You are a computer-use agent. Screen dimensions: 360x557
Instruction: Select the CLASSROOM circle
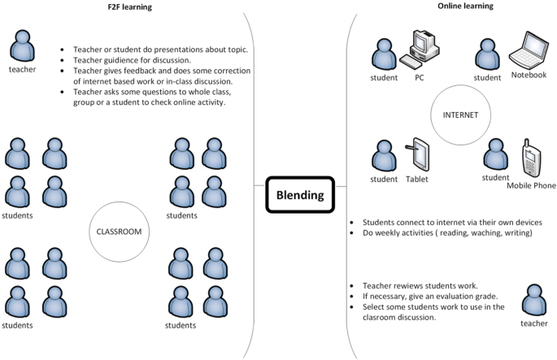120,232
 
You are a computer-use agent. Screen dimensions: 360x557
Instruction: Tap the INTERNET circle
460,115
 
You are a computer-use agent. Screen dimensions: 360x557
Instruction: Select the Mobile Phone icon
531,159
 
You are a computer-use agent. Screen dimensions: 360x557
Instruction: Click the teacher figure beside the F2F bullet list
22,46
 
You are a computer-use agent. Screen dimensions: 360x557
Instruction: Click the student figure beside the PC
384,54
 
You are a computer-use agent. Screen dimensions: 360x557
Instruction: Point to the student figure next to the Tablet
384,156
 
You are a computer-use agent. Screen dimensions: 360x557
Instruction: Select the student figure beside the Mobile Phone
494,154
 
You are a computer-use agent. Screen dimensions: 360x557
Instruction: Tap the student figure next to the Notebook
486,54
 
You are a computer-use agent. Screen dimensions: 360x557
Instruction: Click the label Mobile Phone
531,185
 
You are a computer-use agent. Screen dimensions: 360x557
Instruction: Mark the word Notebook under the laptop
529,75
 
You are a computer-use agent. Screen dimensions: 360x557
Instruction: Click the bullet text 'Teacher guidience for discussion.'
133,59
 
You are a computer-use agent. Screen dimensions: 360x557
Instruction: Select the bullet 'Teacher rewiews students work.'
414,286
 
